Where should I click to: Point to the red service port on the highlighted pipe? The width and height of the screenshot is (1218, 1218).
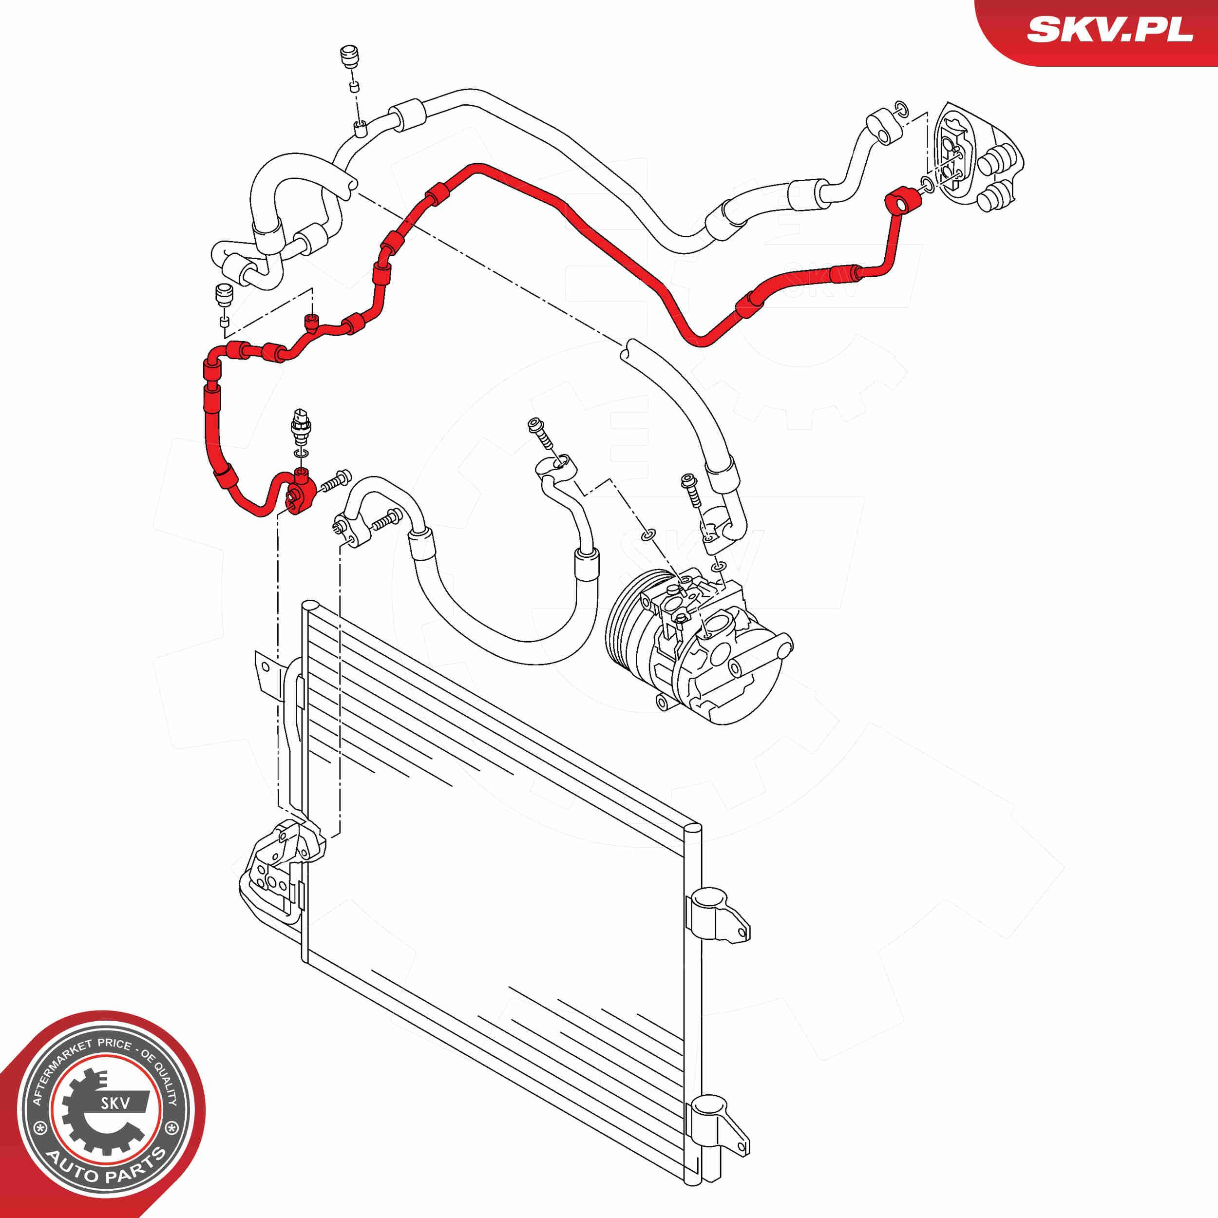(x=311, y=323)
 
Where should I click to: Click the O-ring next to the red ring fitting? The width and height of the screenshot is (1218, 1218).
(x=927, y=184)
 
